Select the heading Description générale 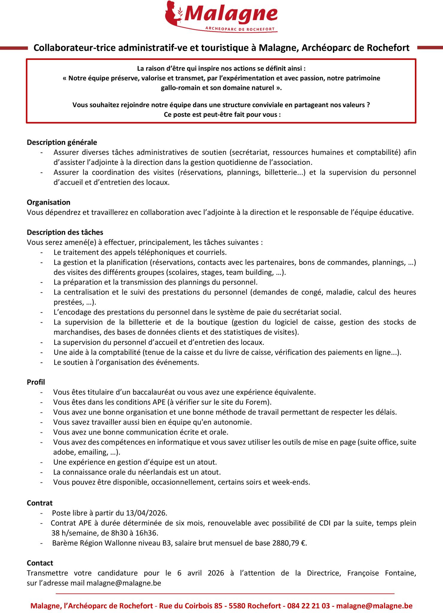62,142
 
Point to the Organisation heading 48,202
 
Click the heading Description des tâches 65,232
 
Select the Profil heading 36,382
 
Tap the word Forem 259,402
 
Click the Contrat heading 40,503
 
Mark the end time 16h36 146,533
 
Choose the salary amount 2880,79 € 289,543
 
